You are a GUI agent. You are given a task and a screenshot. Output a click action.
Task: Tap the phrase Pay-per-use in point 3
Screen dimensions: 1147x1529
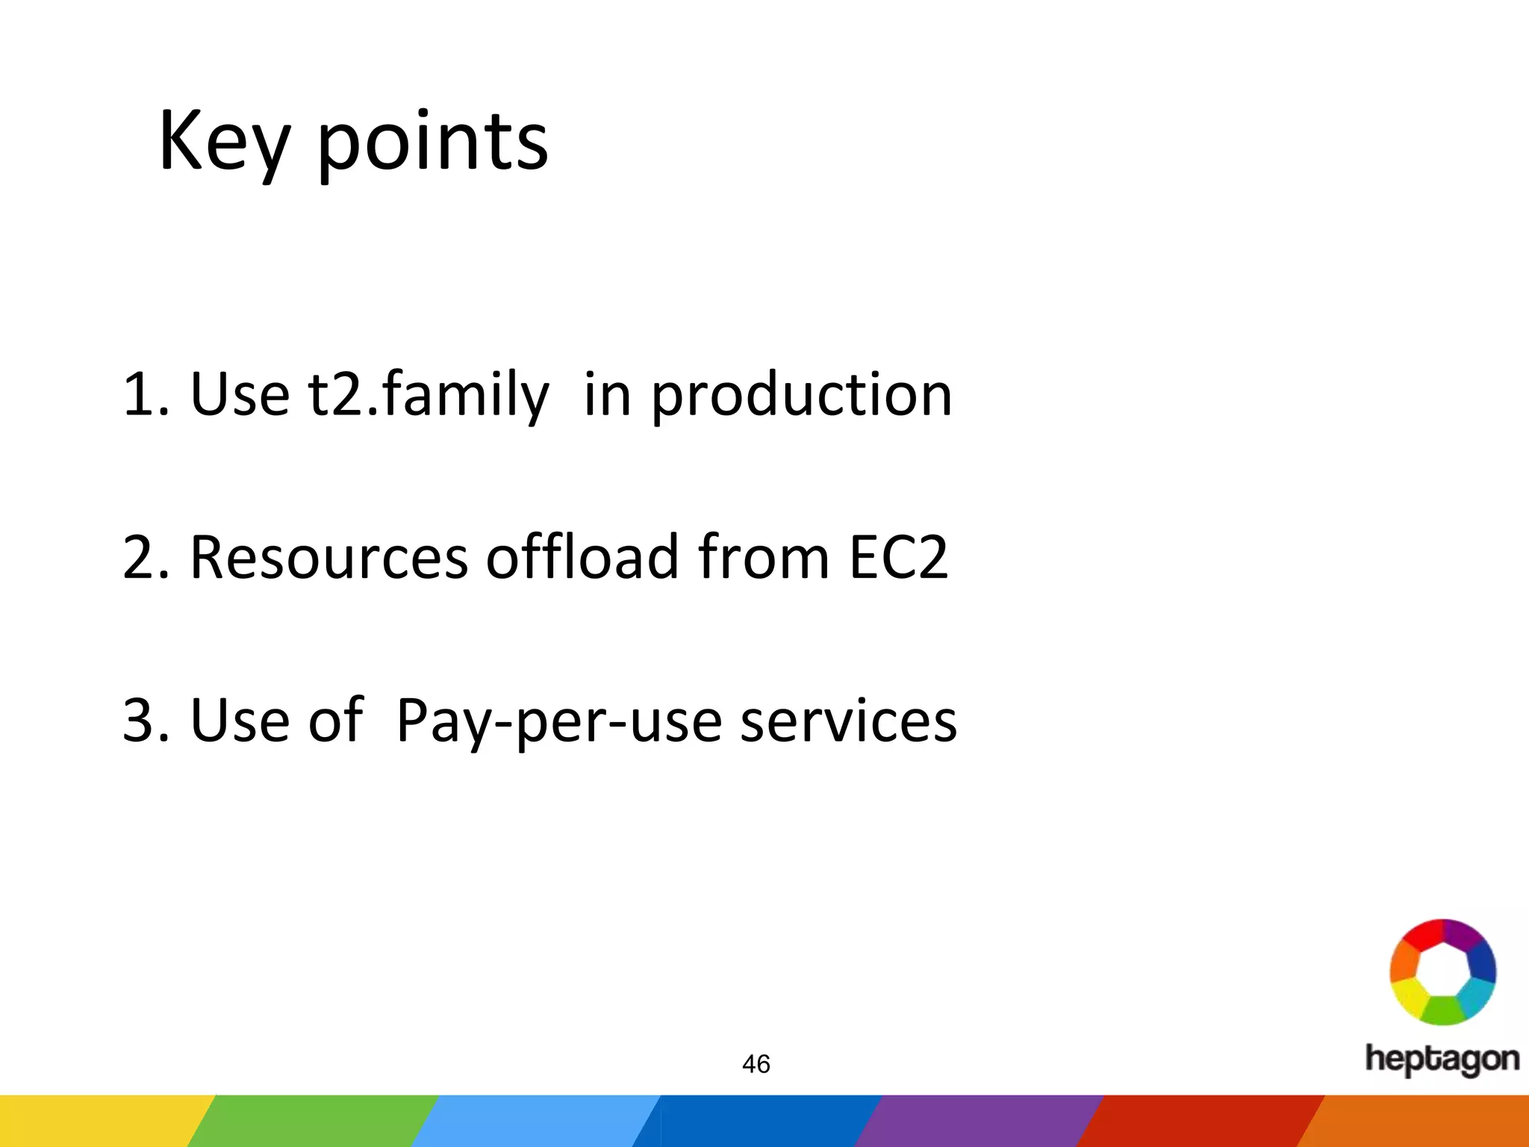tap(558, 721)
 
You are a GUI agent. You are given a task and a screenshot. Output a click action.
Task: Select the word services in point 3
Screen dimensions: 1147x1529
tap(848, 721)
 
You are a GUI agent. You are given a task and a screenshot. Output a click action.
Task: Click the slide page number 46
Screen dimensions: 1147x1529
tap(756, 1064)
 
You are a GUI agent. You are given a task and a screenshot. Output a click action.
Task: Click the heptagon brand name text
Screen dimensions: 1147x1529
tap(1442, 1059)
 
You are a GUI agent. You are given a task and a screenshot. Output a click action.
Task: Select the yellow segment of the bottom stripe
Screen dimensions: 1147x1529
tap(97, 1121)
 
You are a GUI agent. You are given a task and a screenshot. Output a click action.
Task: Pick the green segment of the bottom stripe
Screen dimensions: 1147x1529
tap(314, 1121)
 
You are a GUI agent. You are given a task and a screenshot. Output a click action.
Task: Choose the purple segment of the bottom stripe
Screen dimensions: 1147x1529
tap(978, 1121)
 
